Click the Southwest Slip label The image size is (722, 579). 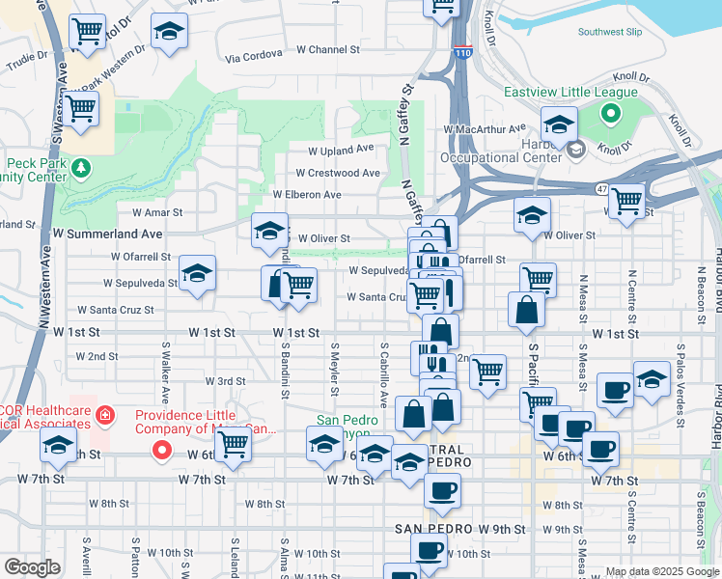[609, 32]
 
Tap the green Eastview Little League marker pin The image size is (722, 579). [610, 115]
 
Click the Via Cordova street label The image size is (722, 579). [251, 58]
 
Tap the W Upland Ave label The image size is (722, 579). [341, 150]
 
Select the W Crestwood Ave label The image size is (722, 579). [338, 173]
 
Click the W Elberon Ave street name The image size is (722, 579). [307, 194]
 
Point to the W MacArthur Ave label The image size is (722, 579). [485, 127]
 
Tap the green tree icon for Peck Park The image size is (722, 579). [82, 169]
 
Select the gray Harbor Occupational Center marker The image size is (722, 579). [576, 149]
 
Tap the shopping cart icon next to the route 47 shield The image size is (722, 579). [626, 200]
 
